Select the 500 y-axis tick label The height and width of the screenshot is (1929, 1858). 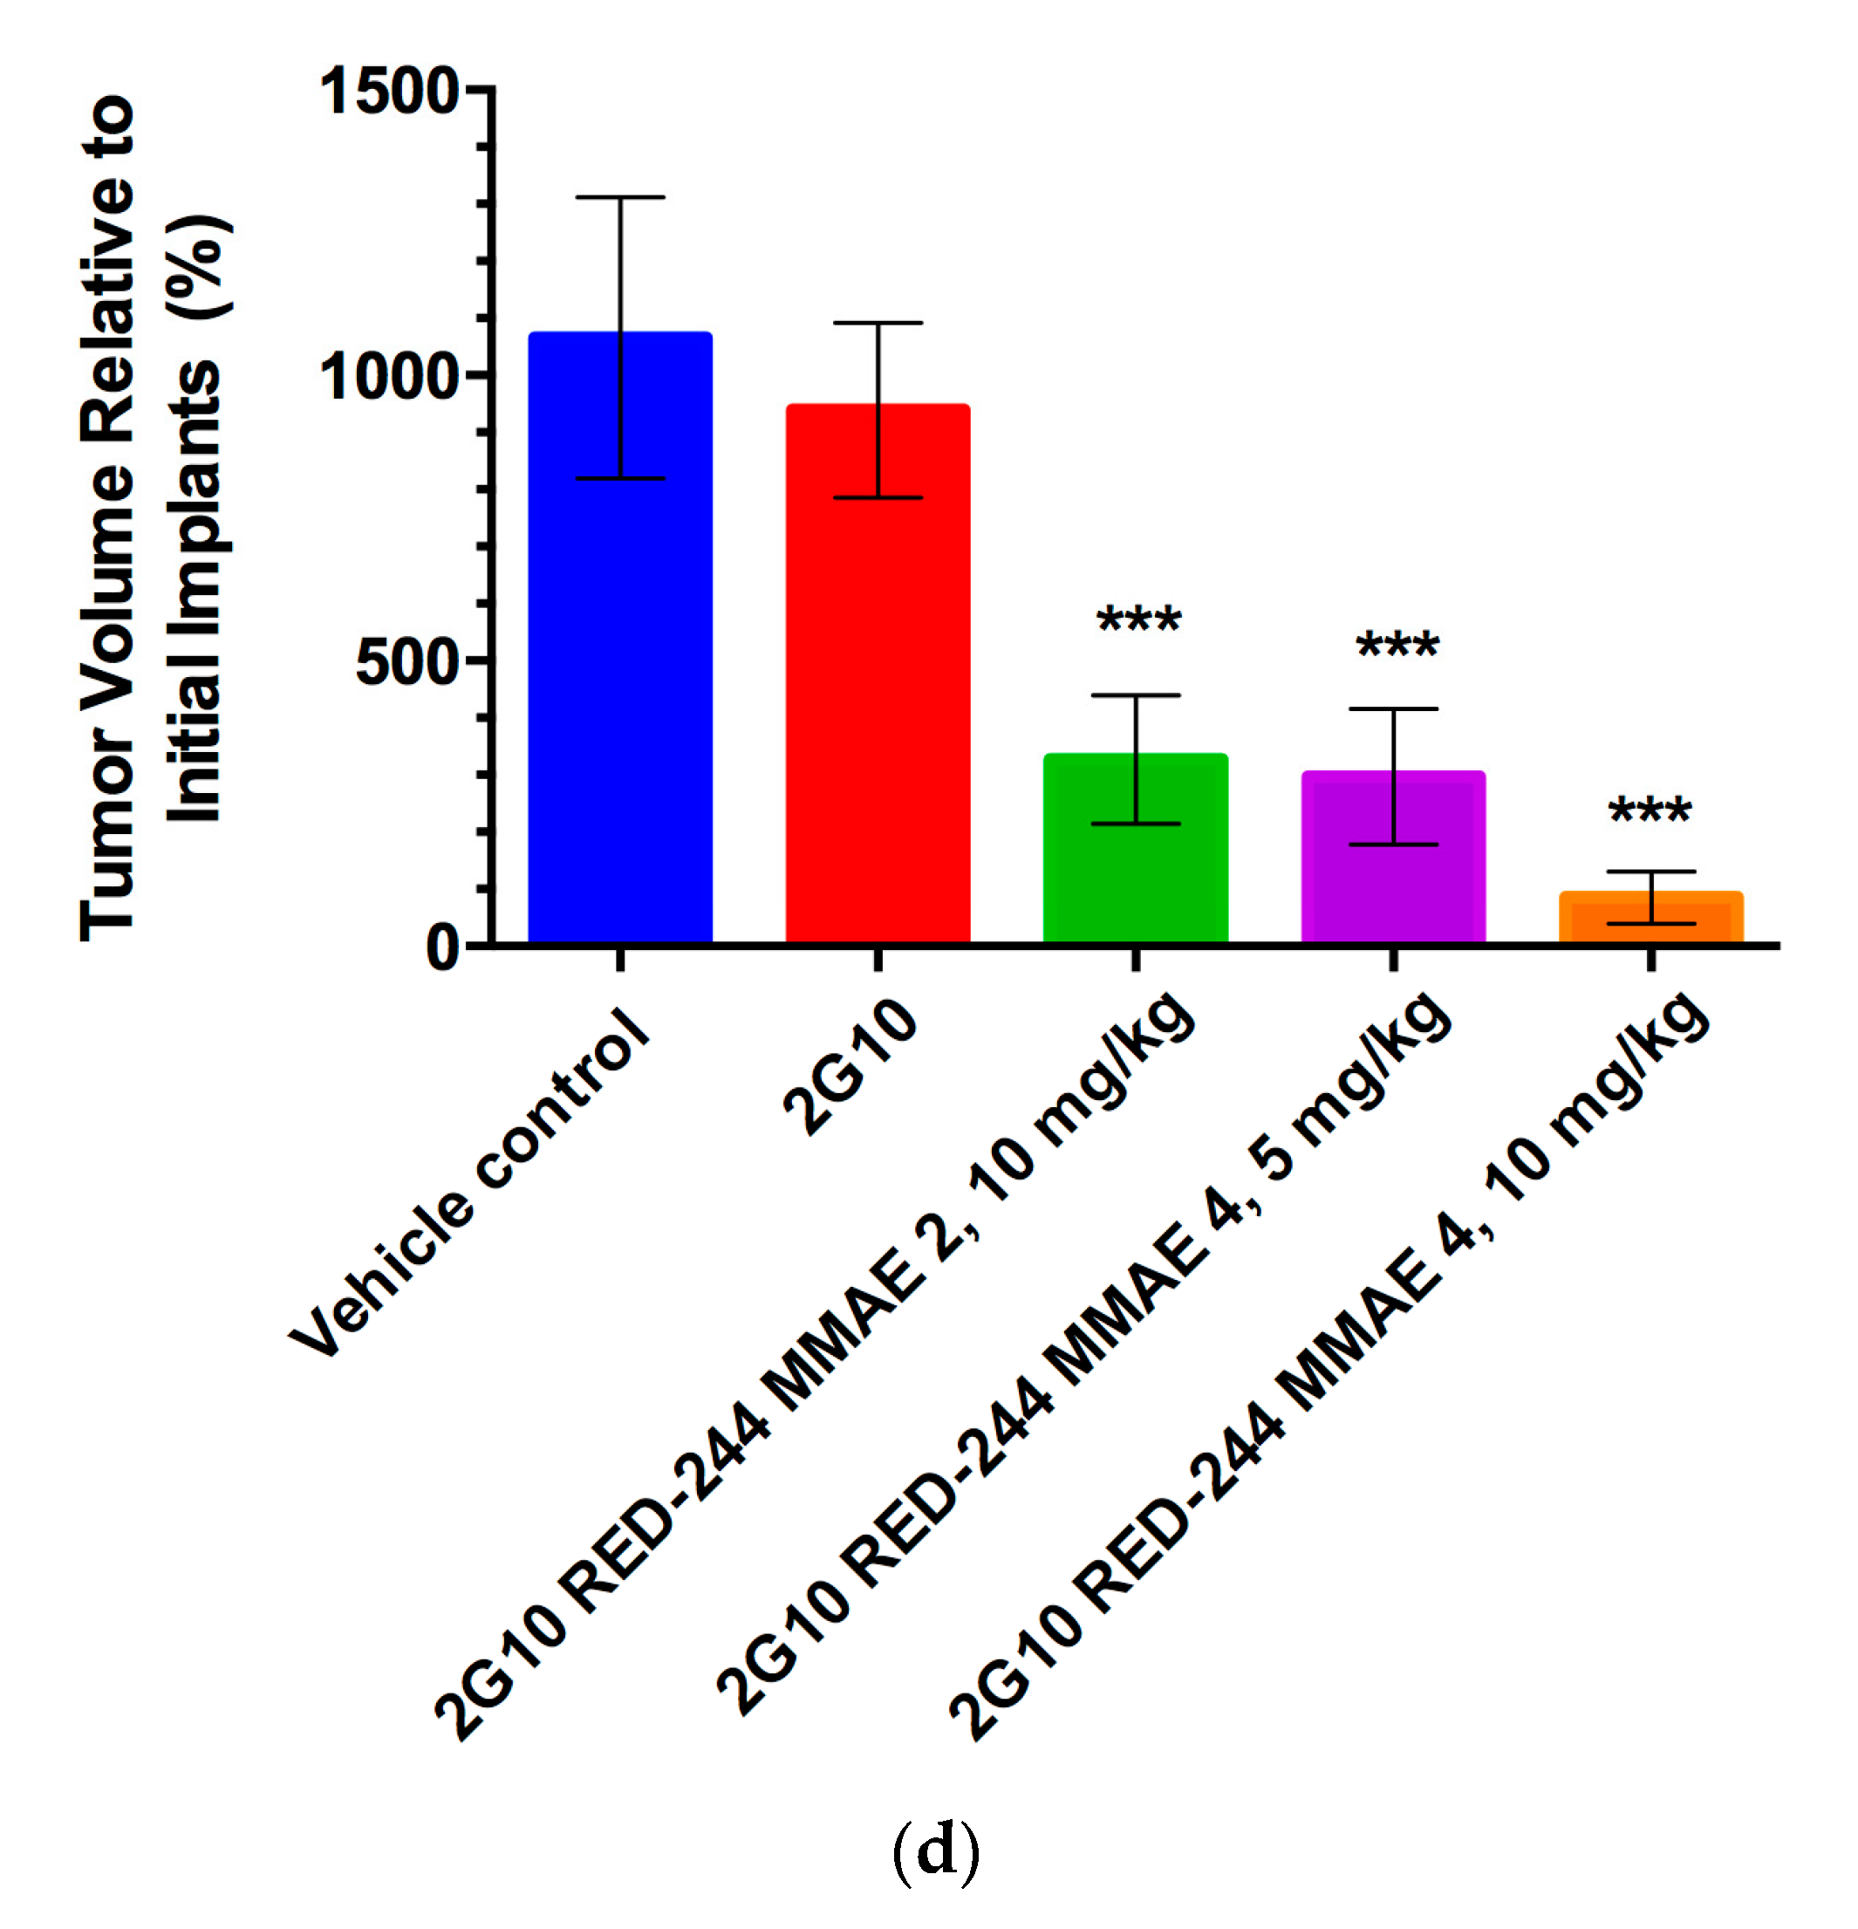pos(407,661)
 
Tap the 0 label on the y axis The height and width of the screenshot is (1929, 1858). pos(443,947)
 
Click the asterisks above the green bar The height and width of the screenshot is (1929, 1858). pos(1138,620)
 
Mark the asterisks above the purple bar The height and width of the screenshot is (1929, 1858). pos(1397,646)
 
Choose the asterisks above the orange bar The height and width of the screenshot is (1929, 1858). pos(1650,810)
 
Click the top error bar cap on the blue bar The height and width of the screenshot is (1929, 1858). pos(620,197)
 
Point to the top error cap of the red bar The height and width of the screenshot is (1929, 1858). pos(877,323)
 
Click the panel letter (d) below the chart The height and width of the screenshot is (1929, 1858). pos(935,1850)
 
